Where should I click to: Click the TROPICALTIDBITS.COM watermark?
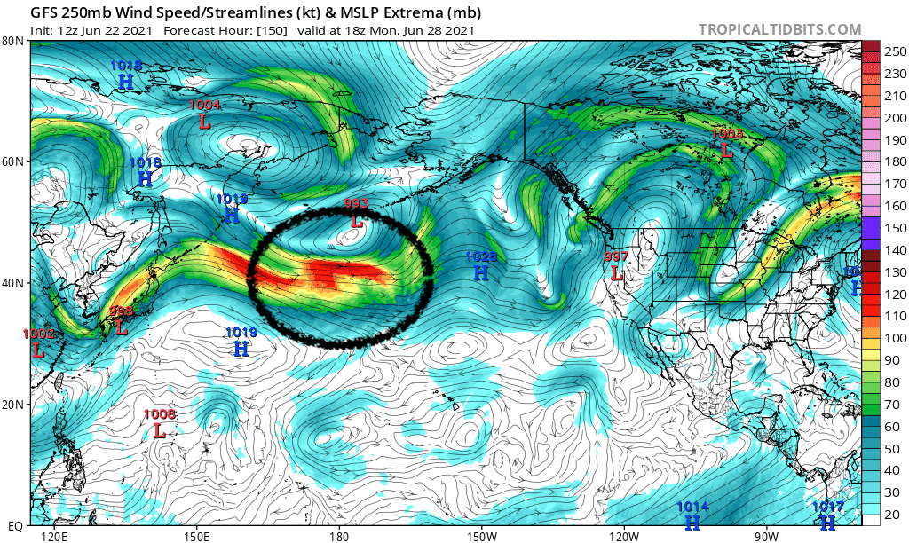[779, 29]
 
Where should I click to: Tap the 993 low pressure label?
[356, 205]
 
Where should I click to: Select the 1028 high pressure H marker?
[481, 273]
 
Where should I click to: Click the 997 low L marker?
[616, 273]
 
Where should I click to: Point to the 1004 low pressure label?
[205, 106]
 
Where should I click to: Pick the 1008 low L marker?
[160, 431]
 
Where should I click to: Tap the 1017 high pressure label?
[827, 508]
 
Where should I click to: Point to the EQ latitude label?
[14, 525]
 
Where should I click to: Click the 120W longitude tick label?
[624, 536]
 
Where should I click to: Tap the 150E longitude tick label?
[196, 536]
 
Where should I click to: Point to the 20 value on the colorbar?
[889, 514]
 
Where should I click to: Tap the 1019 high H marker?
[241, 349]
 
